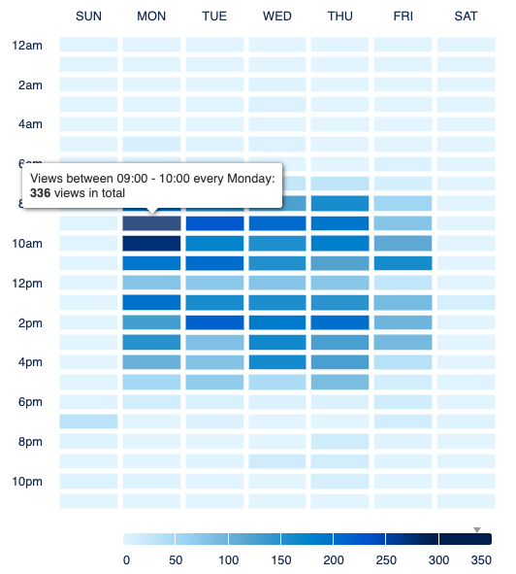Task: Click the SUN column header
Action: coord(88,16)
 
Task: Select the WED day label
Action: coord(277,16)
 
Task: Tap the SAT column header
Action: coord(466,16)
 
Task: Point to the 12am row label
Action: coord(28,45)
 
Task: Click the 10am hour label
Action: coord(28,243)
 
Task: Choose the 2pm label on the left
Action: coord(30,322)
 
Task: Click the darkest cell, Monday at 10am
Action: coord(151,243)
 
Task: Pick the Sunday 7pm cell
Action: coord(88,422)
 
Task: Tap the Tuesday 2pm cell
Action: coord(214,322)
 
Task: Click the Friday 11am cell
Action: coord(403,263)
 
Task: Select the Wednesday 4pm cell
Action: coord(277,362)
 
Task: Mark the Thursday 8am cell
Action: coord(340,204)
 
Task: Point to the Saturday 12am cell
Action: coord(466,45)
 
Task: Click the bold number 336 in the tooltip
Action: coord(42,192)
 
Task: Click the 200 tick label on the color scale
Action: coord(333,560)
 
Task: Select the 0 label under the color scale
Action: coord(126,560)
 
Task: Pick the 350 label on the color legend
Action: coord(480,560)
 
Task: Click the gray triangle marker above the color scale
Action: coord(476,529)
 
